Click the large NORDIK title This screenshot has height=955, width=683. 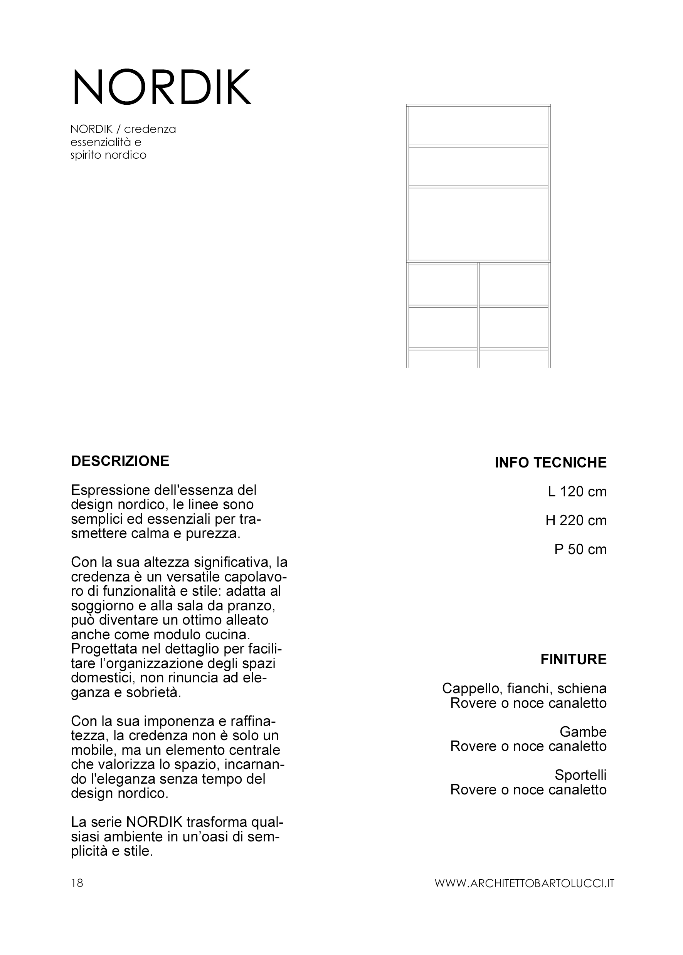pos(161,88)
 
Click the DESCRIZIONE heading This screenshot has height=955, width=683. pos(120,461)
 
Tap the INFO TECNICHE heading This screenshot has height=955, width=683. pos(550,462)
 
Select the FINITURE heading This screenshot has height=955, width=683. pos(573,659)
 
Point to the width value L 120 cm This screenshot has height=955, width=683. pos(577,492)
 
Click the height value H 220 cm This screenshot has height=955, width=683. pos(576,521)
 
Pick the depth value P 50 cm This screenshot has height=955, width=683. pos(580,549)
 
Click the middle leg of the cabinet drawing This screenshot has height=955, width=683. pos(478,358)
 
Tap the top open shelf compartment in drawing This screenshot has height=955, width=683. pos(478,126)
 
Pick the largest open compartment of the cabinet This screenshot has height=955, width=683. pos(478,223)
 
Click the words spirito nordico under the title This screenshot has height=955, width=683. pos(109,155)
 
